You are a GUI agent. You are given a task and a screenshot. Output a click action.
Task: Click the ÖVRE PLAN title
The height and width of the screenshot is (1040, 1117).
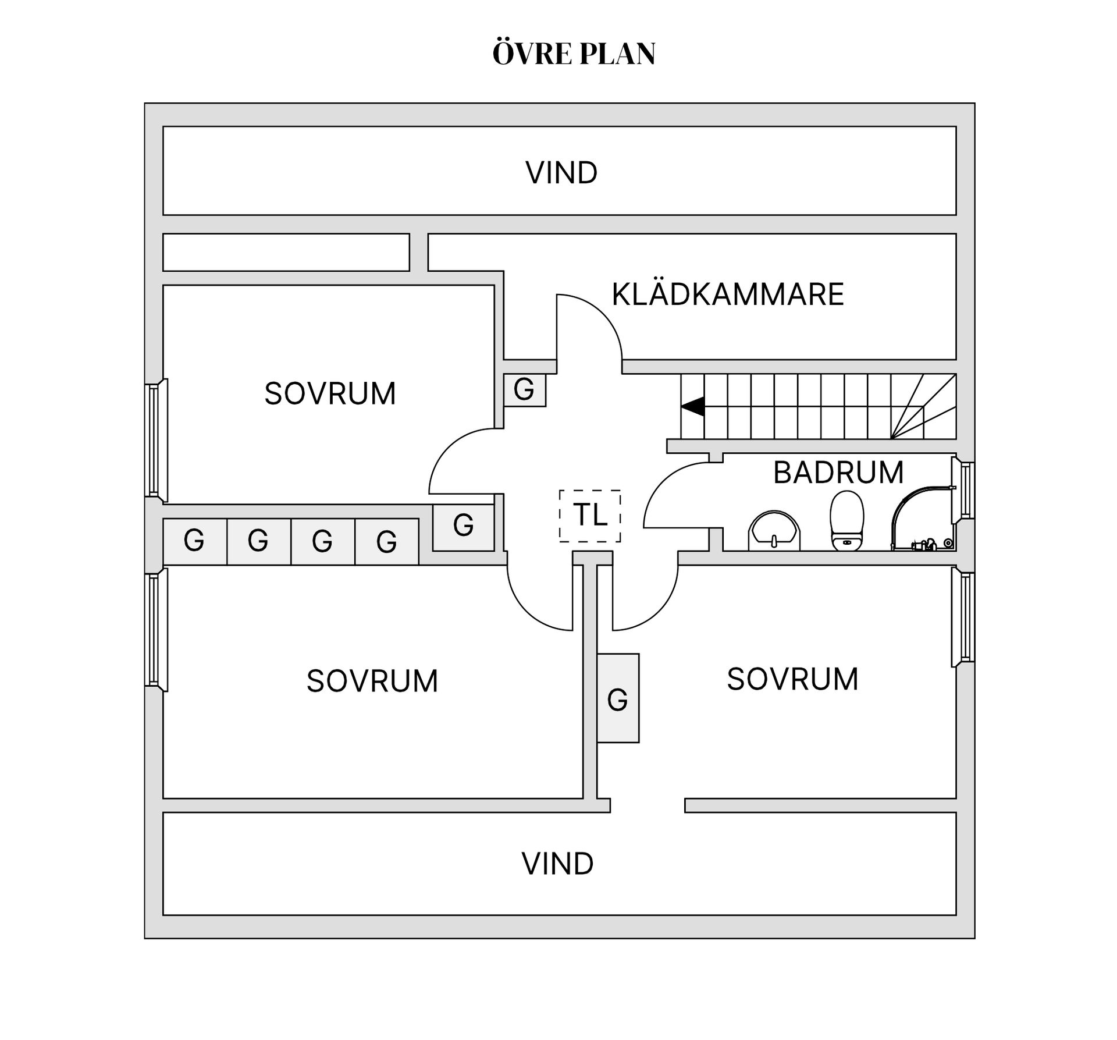coord(574,53)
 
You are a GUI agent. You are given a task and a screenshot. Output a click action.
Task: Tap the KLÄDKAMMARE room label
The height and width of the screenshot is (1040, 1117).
coord(728,294)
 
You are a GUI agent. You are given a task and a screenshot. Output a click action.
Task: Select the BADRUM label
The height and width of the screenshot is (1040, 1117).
coord(838,472)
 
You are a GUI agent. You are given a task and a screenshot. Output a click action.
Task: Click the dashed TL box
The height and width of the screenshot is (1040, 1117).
coord(590,516)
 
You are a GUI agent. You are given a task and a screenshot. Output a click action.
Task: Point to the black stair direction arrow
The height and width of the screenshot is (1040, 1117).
coord(692,406)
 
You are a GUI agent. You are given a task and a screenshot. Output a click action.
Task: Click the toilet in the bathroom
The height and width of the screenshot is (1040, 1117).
coord(846,521)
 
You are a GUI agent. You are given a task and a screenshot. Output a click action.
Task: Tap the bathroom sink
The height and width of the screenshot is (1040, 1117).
coord(774,530)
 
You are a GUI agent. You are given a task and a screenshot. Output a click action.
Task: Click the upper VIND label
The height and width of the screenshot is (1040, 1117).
coord(561,173)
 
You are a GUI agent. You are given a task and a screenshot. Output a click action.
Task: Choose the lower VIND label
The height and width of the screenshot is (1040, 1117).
coord(557,864)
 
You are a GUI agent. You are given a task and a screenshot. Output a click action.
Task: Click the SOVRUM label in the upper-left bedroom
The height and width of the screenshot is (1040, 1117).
coord(330,393)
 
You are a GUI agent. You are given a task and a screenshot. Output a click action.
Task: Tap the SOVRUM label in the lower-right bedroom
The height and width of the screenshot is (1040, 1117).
coord(792,679)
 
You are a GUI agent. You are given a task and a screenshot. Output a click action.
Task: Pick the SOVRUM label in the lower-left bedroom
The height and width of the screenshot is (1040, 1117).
coord(372,681)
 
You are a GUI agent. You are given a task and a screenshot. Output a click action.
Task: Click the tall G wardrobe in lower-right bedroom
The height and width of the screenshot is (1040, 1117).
coord(618,698)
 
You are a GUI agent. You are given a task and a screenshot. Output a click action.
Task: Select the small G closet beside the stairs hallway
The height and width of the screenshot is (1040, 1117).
coord(524,389)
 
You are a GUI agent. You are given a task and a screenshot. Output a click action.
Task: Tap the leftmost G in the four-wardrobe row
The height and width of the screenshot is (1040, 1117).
coord(194,541)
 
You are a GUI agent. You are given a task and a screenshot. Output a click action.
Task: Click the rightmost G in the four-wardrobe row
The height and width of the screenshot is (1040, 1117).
coord(387,541)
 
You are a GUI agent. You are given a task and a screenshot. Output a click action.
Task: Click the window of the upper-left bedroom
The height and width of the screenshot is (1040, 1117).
coord(156,441)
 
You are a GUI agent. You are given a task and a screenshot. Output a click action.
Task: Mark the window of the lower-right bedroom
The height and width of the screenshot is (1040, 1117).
coord(963,617)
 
